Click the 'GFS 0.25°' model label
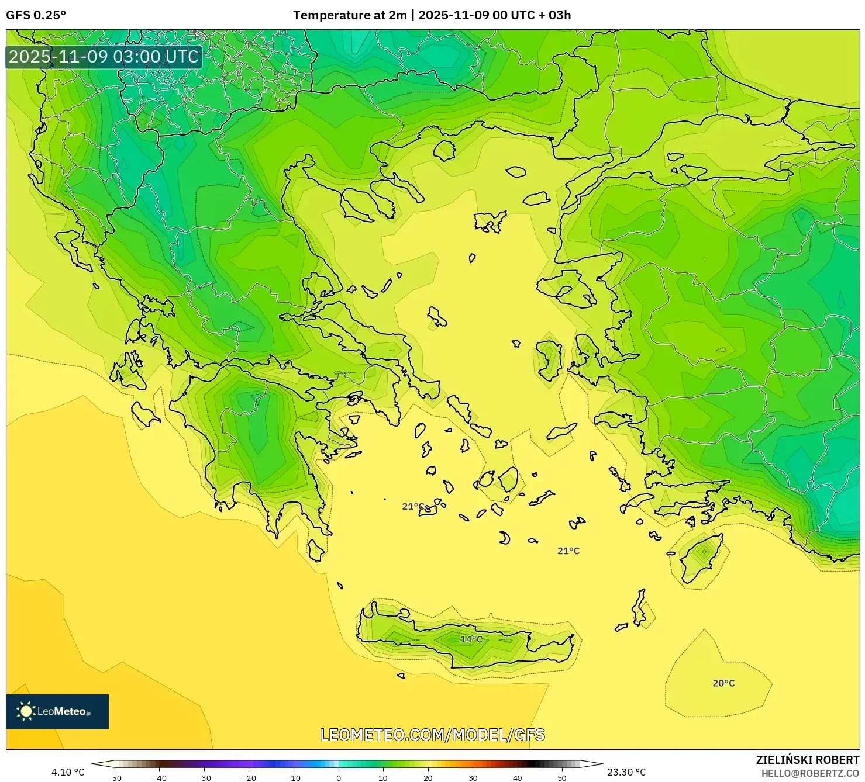click(36, 15)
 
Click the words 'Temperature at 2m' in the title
click(349, 15)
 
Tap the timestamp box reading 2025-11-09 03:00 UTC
click(104, 57)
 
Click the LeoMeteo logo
click(57, 711)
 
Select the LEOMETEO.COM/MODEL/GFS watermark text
click(432, 735)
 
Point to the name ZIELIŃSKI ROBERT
click(807, 760)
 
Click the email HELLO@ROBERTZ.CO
click(810, 773)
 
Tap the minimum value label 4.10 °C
click(68, 772)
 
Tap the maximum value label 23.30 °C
click(626, 772)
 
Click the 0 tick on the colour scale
click(338, 777)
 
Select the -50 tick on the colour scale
click(115, 777)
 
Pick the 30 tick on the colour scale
click(473, 777)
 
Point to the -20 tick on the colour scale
click(249, 777)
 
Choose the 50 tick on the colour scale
click(562, 777)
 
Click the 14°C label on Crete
click(471, 639)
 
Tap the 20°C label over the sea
click(723, 683)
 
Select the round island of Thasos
click(444, 150)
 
